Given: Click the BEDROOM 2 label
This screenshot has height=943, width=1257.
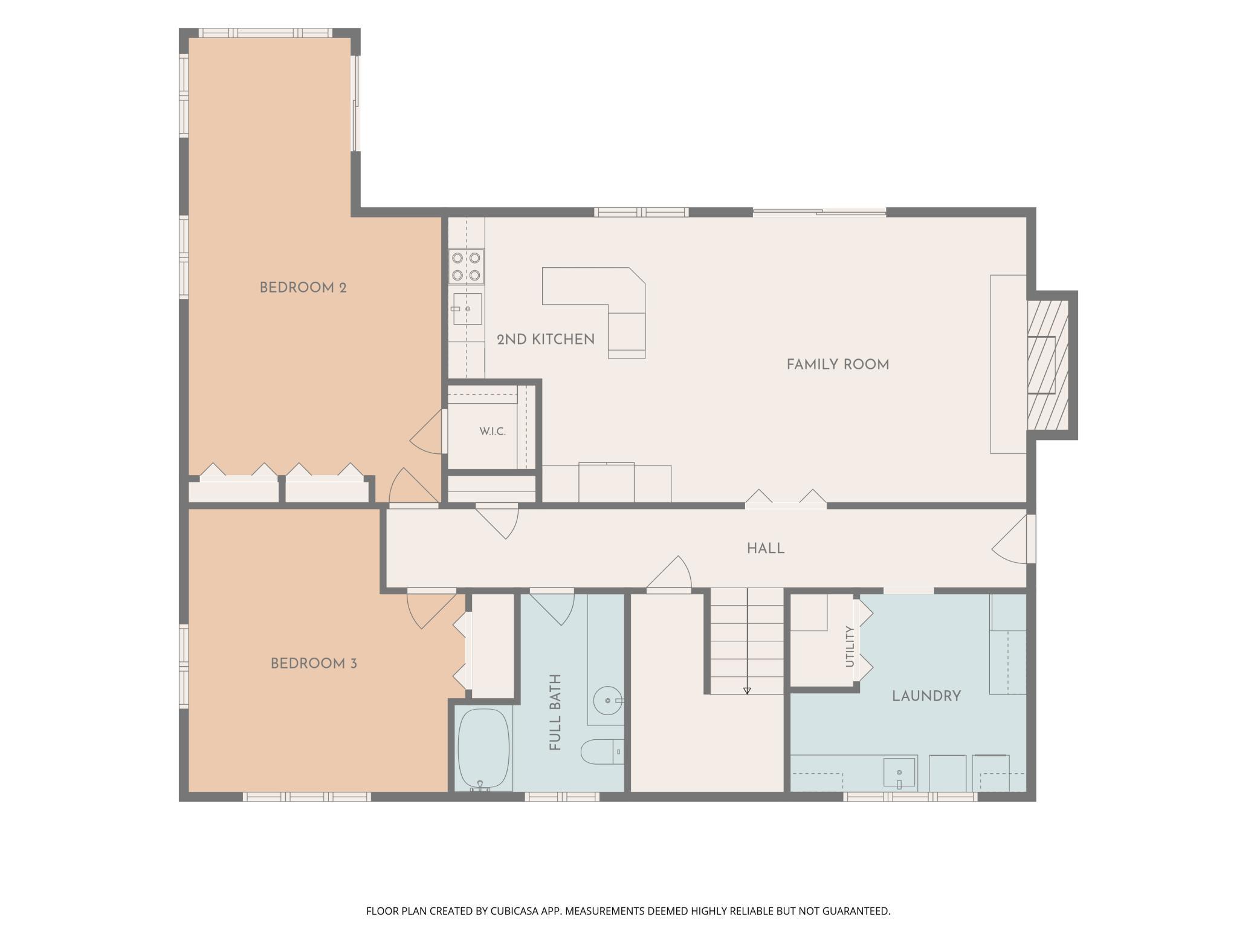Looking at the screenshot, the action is [x=303, y=288].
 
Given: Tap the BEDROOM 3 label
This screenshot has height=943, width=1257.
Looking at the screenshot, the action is [x=314, y=664].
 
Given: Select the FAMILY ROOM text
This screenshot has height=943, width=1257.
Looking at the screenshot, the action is [x=838, y=365].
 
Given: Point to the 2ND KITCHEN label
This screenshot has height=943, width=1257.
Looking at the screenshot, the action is [x=546, y=340].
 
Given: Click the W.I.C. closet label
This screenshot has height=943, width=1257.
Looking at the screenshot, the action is [x=493, y=432].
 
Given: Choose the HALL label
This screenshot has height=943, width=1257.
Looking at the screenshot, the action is [x=766, y=549].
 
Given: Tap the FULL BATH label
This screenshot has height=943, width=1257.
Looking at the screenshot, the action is [x=555, y=712].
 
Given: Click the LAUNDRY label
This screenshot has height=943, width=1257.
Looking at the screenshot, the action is [x=926, y=696].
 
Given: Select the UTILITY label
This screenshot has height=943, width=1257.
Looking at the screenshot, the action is [x=850, y=646].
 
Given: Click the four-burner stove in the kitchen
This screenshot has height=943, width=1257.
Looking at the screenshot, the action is [x=466, y=267].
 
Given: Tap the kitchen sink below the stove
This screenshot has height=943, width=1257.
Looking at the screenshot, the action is [x=467, y=309].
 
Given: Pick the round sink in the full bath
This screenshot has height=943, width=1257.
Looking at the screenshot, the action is [x=606, y=701].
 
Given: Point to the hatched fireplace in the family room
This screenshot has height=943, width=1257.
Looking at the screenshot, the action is [x=1049, y=366].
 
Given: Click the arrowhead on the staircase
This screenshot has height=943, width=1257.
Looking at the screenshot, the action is [x=747, y=690].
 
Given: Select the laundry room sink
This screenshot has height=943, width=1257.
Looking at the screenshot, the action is [x=899, y=774].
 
